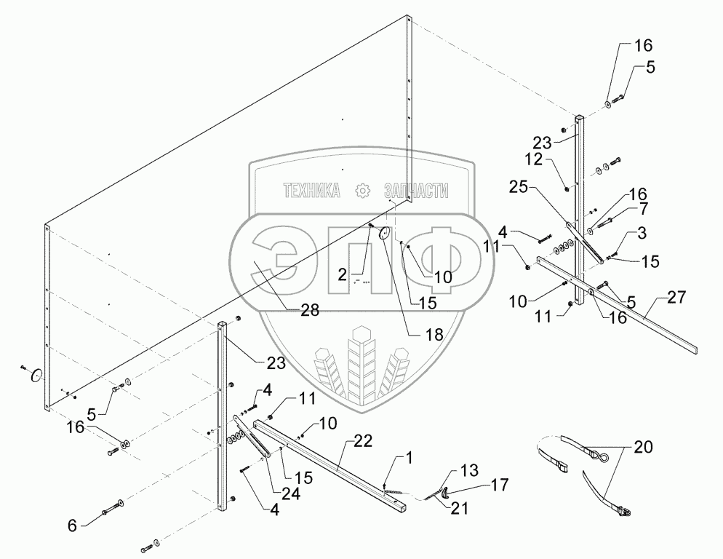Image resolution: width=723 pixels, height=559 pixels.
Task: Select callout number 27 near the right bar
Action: [x=675, y=297]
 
